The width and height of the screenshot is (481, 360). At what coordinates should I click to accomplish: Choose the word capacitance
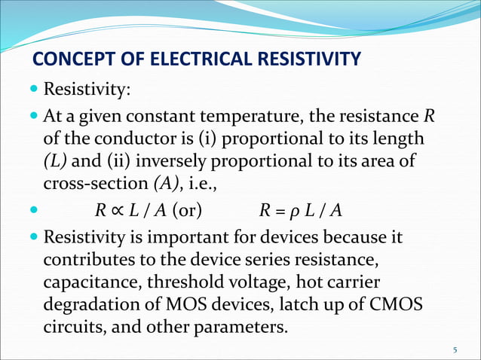[x=86, y=283]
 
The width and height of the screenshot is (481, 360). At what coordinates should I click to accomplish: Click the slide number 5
[x=455, y=350]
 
